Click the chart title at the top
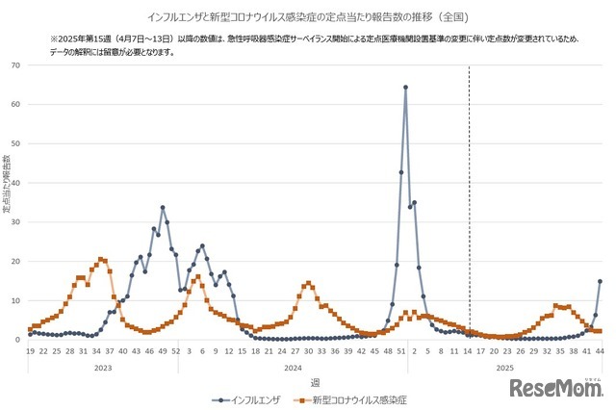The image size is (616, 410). click(x=308, y=17)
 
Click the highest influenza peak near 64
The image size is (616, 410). click(x=405, y=88)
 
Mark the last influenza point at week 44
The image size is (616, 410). click(x=600, y=282)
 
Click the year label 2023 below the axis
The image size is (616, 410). click(x=103, y=366)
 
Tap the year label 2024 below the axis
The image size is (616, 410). click(x=292, y=366)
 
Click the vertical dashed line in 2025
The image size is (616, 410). click(x=469, y=192)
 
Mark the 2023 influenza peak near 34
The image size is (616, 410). click(x=163, y=207)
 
